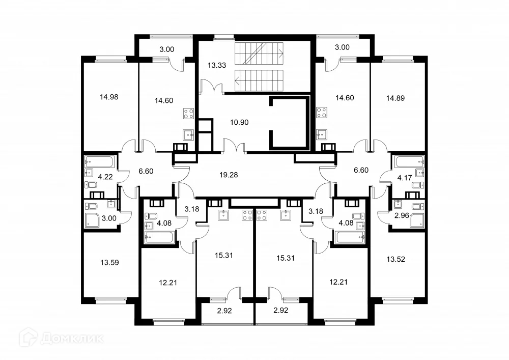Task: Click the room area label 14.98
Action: [109, 97]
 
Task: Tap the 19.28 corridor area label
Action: [229, 175]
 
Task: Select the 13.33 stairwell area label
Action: [217, 65]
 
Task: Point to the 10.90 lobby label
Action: [239, 122]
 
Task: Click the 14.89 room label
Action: [395, 98]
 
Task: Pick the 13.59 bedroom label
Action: [110, 262]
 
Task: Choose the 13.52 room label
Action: [395, 259]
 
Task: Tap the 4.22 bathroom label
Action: [105, 177]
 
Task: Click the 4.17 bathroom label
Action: [405, 178]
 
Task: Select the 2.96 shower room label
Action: [402, 215]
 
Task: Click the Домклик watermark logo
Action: [62, 338]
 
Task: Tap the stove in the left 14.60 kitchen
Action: [189, 114]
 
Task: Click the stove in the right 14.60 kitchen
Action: [322, 113]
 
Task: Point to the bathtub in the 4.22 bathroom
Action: [100, 162]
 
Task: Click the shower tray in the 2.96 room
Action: [417, 220]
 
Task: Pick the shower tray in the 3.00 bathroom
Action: [92, 220]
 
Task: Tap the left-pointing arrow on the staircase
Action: [237, 79]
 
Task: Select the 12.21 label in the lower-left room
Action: [168, 283]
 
